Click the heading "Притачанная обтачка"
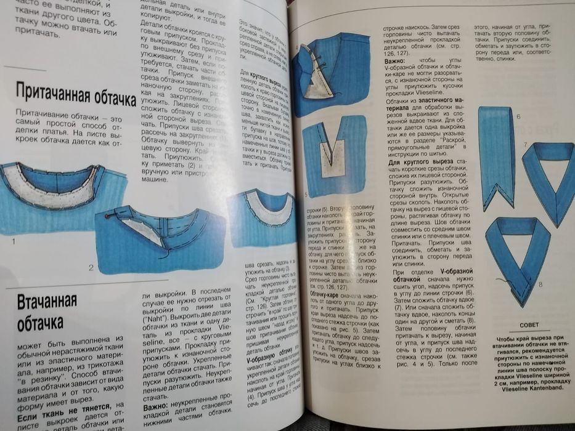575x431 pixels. tap(75, 93)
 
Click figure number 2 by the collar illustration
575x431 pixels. tap(91, 267)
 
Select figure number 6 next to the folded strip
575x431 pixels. tap(518, 116)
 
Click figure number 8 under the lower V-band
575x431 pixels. tap(540, 284)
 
